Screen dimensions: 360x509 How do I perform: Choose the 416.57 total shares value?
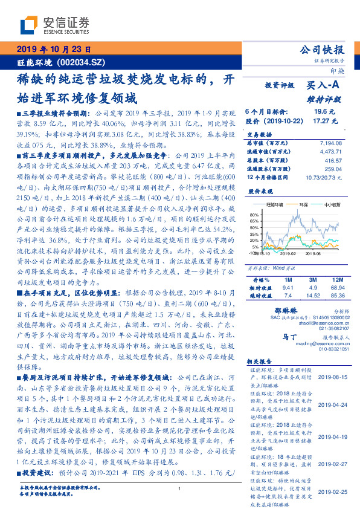[333, 161]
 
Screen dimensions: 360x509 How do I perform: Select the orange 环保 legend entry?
[296, 205]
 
